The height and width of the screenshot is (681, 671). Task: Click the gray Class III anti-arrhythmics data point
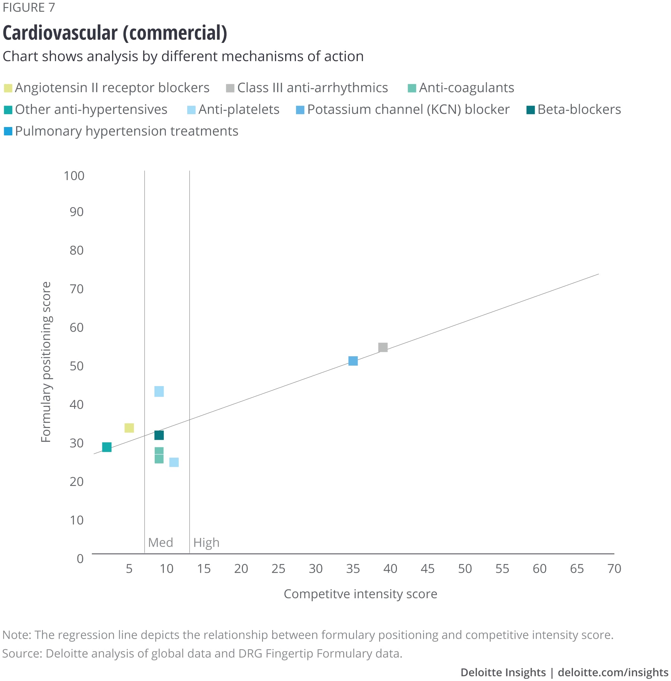pyautogui.click(x=383, y=348)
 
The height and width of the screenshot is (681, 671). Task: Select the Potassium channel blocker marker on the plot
pyautogui.click(x=353, y=361)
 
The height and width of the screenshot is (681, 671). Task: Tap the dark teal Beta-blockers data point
pyautogui.click(x=159, y=435)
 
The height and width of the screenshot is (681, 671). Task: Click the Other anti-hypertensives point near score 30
pyautogui.click(x=107, y=447)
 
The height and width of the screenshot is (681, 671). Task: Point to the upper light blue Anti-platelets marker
pyautogui.click(x=159, y=391)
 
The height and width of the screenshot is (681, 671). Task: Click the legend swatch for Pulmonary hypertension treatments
pyautogui.click(x=8, y=131)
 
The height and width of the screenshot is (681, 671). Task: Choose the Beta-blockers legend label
pyautogui.click(x=579, y=110)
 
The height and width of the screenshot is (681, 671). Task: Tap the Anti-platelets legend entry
pyautogui.click(x=239, y=110)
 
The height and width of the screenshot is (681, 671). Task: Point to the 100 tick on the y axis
pyautogui.click(x=74, y=176)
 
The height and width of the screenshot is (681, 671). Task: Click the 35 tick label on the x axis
pyautogui.click(x=353, y=569)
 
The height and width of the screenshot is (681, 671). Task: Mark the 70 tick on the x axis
pyautogui.click(x=614, y=569)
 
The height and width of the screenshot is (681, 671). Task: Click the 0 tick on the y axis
pyautogui.click(x=80, y=558)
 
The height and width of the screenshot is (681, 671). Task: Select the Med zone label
pyautogui.click(x=160, y=542)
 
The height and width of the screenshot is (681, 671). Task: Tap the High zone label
pyautogui.click(x=206, y=542)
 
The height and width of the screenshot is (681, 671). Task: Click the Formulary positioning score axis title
pyautogui.click(x=46, y=362)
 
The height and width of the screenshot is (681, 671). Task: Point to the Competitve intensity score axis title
pyautogui.click(x=360, y=594)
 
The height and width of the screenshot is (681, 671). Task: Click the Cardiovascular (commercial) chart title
pyautogui.click(x=115, y=33)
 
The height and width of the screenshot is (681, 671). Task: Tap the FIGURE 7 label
pyautogui.click(x=29, y=7)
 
